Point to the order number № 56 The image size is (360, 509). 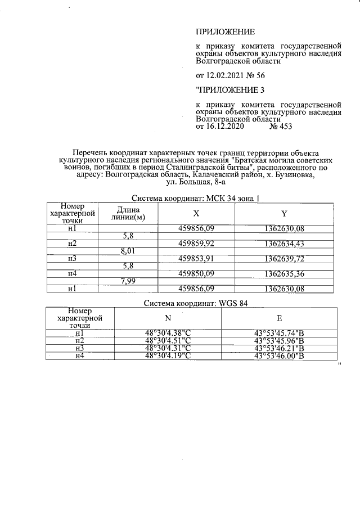point(254,76)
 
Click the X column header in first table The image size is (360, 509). point(196,214)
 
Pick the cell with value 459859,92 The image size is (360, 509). point(197,244)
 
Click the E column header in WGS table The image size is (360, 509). point(279,318)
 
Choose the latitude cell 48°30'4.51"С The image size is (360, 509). point(169,340)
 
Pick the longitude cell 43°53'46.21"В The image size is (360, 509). point(279,348)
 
